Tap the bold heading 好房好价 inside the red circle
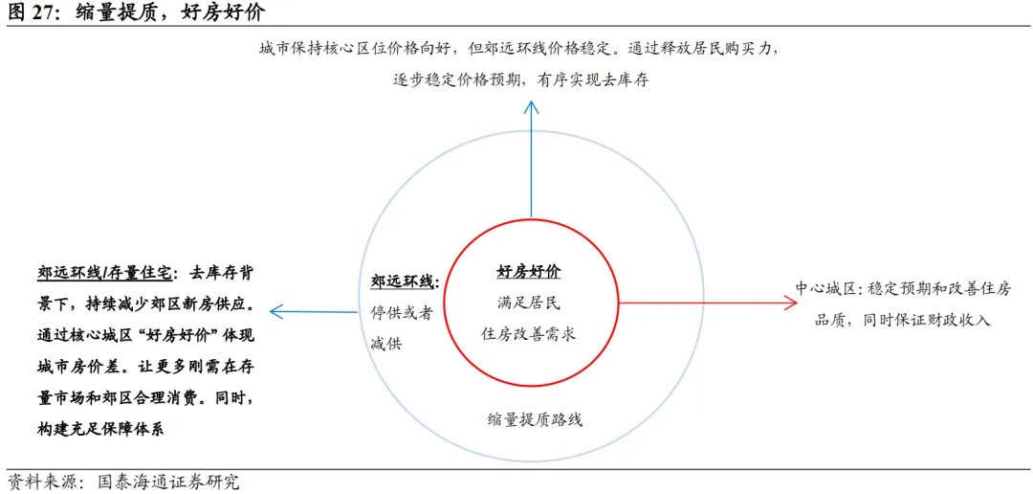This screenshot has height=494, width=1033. (x=529, y=273)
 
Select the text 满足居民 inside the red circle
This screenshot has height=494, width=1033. (x=529, y=303)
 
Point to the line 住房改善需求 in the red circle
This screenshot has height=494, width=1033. (x=529, y=334)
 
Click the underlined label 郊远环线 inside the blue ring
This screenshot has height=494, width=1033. (x=403, y=282)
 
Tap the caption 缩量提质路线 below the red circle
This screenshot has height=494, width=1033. (x=534, y=419)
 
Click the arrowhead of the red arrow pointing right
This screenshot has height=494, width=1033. (x=790, y=303)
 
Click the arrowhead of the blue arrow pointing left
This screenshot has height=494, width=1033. (x=276, y=310)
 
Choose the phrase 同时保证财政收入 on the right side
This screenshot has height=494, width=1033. (x=927, y=320)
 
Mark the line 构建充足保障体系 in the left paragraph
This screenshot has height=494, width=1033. (x=100, y=429)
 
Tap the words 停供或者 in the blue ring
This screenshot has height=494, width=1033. (x=402, y=312)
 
